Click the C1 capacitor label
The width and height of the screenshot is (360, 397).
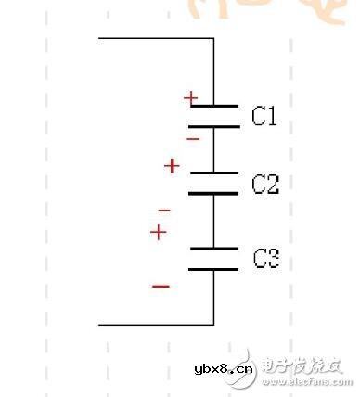click(265, 116)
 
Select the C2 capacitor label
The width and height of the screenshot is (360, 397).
click(265, 185)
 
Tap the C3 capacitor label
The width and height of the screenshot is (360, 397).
click(266, 259)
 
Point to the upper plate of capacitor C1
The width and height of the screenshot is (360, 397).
click(214, 107)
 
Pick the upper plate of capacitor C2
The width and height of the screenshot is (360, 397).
click(214, 173)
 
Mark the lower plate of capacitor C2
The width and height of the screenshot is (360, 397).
click(214, 193)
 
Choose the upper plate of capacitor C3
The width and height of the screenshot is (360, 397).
click(214, 248)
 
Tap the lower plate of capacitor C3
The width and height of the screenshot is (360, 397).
click(214, 269)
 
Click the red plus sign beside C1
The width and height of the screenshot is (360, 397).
click(190, 97)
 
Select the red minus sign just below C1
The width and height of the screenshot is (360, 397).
click(192, 139)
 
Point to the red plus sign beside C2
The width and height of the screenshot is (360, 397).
click(172, 166)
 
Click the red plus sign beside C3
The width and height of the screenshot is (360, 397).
click(159, 232)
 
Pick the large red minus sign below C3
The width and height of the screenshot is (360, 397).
click(161, 286)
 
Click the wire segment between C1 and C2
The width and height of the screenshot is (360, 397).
click(214, 149)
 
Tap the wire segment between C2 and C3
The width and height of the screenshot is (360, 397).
click(214, 221)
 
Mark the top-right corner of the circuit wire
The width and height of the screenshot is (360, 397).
click(214, 39)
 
